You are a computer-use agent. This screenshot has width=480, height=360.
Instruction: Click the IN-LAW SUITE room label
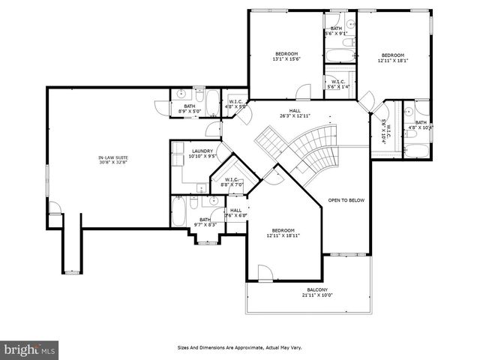[x=112, y=157]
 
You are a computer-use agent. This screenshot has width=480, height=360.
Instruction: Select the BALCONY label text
[x=317, y=289]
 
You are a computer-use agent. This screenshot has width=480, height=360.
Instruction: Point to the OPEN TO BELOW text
[x=346, y=200]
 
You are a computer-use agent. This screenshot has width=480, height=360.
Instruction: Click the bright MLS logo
[x=30, y=349]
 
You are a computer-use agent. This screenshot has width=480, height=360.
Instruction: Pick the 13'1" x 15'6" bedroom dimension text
[x=286, y=59]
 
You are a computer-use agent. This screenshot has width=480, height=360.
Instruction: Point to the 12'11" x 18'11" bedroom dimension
[x=283, y=235]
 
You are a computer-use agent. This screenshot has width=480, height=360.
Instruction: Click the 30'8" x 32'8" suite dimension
[x=112, y=162]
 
